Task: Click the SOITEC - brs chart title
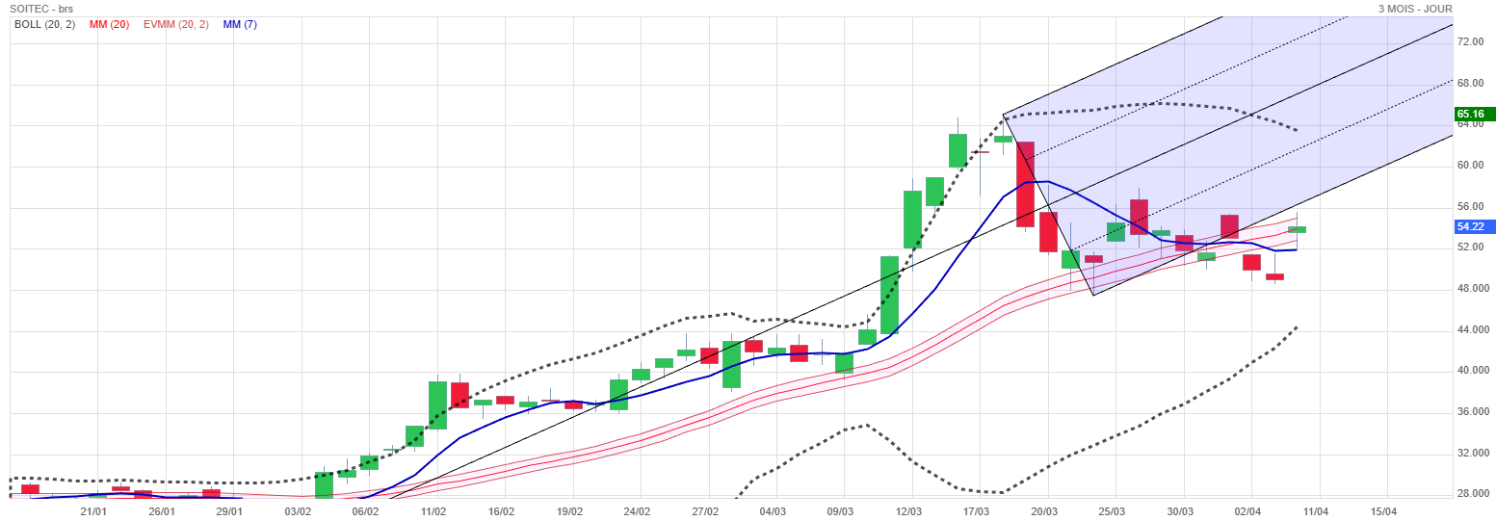coord(41,9)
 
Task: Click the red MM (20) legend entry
coord(109,24)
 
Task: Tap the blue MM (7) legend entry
coord(240,24)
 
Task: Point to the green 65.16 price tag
coord(1474,114)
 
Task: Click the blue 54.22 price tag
coord(1474,226)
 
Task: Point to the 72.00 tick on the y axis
coord(1470,42)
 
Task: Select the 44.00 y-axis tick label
coord(1470,330)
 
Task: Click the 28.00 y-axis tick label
coord(1470,494)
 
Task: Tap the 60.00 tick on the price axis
coord(1470,166)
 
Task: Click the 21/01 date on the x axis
coord(92,511)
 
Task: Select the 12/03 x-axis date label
coord(910,511)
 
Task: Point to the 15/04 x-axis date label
coord(1384,511)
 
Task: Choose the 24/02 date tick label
coord(638,511)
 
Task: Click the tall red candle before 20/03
coord(1025,184)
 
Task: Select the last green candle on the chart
coord(1297,229)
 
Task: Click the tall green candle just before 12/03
coord(889,295)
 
